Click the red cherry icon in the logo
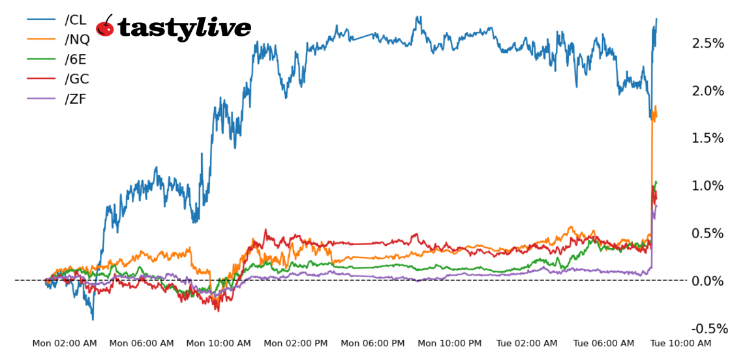[x=105, y=27]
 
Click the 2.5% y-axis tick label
[x=708, y=43]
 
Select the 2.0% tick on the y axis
[x=708, y=91]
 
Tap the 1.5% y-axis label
[x=708, y=138]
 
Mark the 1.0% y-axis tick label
[x=708, y=186]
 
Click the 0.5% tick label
[x=708, y=233]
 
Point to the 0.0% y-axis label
[x=708, y=281]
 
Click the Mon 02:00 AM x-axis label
[x=65, y=343]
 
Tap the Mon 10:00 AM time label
[x=219, y=343]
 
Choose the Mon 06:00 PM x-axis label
[x=373, y=343]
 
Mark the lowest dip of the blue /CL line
[x=93, y=319]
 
